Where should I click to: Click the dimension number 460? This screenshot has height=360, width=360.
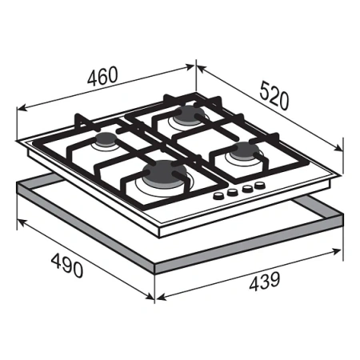[102, 76]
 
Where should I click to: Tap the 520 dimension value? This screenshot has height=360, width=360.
[274, 96]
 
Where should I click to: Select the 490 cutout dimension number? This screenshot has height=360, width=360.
[67, 265]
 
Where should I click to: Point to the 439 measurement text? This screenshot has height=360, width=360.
[265, 281]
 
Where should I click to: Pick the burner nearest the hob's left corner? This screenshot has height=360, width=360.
[106, 140]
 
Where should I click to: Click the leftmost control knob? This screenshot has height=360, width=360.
[218, 196]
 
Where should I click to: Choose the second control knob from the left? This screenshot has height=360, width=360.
[233, 192]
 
